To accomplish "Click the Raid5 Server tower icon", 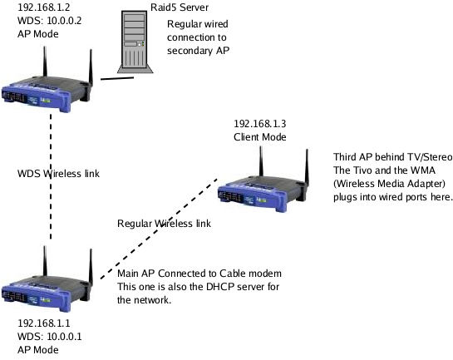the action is point(135,42).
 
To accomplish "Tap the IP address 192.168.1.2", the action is point(44,7).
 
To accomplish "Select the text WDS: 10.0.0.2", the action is point(49,21).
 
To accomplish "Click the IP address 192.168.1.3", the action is point(259,124).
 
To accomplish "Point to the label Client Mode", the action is point(259,137).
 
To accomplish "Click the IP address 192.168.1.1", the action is point(44,323).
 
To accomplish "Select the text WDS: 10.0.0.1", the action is point(49,337).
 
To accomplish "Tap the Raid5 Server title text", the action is point(180,7).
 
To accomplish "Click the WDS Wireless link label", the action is point(58,174).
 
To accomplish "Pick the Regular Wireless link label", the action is point(164,224).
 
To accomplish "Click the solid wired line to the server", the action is point(117,78).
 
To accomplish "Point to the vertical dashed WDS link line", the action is point(51,176).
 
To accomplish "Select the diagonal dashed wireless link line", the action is point(159,229).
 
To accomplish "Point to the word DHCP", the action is point(217,287).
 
